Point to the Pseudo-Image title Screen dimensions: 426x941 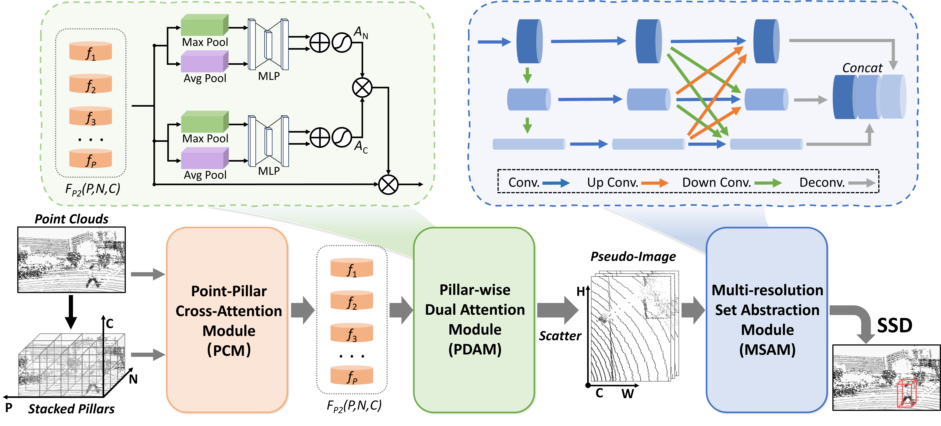pos(633,257)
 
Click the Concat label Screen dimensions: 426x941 pos(862,68)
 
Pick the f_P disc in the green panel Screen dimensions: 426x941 pos(91,159)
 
